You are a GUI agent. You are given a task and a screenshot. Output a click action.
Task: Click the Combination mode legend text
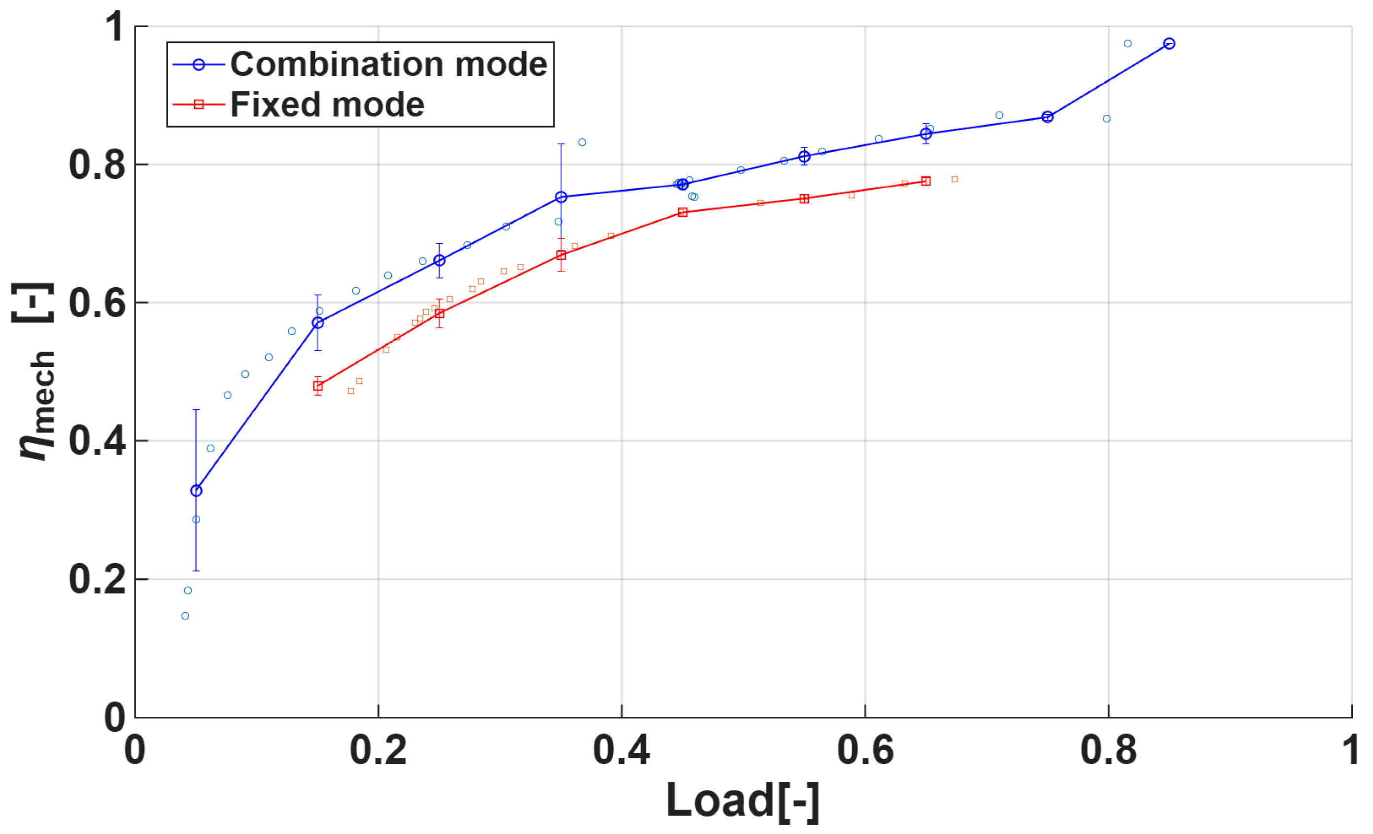tap(388, 64)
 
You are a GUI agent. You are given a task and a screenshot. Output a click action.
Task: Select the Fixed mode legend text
tap(327, 105)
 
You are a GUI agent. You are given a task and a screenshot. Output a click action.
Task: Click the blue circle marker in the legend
tap(199, 65)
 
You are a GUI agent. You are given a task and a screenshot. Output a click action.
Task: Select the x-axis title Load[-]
tap(742, 801)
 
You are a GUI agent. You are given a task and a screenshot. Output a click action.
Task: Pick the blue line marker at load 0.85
tap(1169, 43)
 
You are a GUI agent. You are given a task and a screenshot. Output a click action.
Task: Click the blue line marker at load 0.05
tap(196, 491)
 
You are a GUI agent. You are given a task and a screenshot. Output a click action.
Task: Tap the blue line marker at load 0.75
tap(1047, 117)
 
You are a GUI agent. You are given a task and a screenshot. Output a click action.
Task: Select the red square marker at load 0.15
tap(317, 386)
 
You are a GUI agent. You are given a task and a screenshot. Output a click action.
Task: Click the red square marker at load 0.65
tap(926, 181)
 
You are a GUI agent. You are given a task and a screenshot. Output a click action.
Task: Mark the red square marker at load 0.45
tap(683, 212)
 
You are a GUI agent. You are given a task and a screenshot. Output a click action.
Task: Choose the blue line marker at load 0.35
tap(561, 197)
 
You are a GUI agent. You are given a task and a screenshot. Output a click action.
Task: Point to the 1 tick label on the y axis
tap(114, 27)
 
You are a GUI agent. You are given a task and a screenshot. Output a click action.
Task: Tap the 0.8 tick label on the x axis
tap(1108, 750)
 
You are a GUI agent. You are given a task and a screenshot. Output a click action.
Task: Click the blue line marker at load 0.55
tap(804, 157)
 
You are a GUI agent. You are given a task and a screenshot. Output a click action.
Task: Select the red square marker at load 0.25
tap(439, 314)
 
